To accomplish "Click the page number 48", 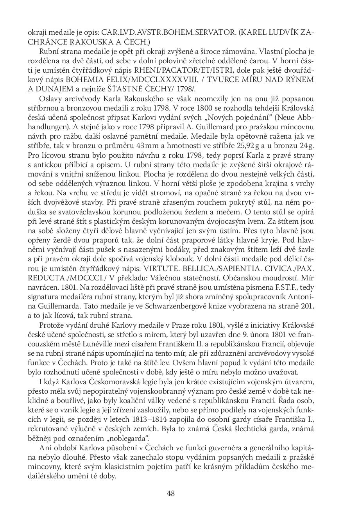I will pos(170,493).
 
